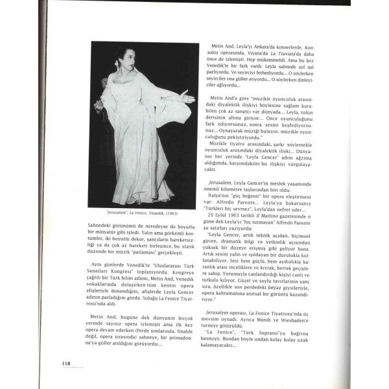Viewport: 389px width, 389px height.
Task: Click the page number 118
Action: click(x=66, y=363)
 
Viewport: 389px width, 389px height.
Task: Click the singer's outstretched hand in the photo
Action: click(x=188, y=99)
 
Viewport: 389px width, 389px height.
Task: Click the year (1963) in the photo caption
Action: click(x=169, y=213)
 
